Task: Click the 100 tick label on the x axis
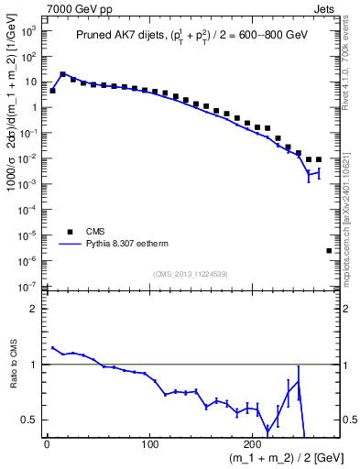coord(150,442)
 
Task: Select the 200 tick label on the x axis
coord(254,442)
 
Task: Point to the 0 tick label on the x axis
coord(47,442)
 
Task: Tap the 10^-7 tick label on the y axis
coord(27,287)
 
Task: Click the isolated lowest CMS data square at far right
coord(329,250)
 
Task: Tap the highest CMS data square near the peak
coord(63,75)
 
